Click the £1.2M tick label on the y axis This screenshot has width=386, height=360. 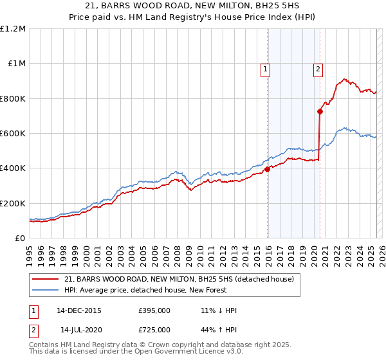point(13,29)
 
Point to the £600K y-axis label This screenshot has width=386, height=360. point(13,134)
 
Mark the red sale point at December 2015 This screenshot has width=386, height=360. point(268,170)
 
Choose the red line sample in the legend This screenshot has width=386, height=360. point(46,279)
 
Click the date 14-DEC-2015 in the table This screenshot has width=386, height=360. point(78,310)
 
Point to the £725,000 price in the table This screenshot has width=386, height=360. point(154,330)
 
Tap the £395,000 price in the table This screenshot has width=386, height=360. point(154,310)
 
